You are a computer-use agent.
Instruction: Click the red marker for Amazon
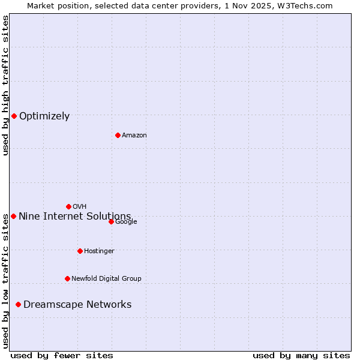pos(118,135)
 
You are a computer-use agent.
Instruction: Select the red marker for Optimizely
pos(14,116)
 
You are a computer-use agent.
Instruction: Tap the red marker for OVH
pos(68,206)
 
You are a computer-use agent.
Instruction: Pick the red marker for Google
pos(111,221)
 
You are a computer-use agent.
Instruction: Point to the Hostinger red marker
pos(80,251)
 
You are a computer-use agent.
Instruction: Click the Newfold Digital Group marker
pos(67,278)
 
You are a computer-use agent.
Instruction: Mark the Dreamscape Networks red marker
pos(18,305)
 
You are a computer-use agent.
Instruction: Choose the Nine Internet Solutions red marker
pos(13,216)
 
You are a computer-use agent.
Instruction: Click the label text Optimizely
pos(44,116)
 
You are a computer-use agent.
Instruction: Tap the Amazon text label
pos(134,136)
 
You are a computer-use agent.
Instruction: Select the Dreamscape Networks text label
pos(77,305)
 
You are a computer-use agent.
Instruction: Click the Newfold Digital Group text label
pos(106,278)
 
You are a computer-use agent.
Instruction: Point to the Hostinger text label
pos(99,251)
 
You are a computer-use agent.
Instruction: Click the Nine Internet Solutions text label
pos(74,216)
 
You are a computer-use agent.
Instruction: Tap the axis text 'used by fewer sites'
pos(62,355)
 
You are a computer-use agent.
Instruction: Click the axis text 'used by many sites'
pos(301,355)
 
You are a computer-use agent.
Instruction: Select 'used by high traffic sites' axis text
pos(5,86)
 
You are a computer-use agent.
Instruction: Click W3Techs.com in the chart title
pos(309,5)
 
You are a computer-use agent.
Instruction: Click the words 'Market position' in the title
pos(55,5)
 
